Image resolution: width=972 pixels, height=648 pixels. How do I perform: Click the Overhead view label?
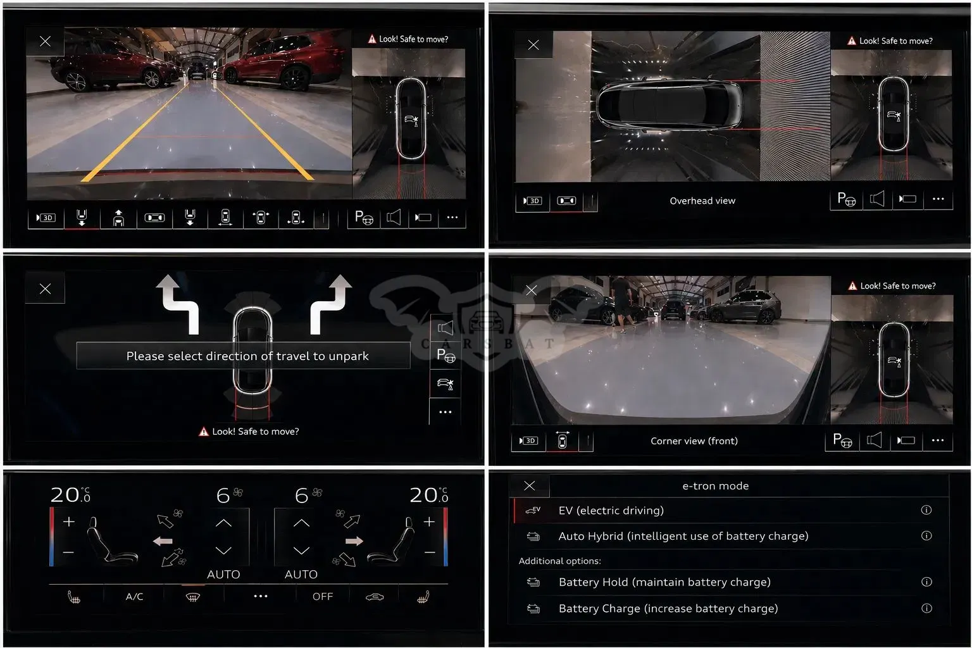tap(702, 201)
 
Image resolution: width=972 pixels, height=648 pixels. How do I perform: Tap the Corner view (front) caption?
tap(694, 441)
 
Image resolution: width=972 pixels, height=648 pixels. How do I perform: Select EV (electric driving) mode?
tap(611, 510)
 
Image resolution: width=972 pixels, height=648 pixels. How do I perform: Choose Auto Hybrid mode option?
tap(683, 536)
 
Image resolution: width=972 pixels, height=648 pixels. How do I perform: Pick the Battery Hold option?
tap(664, 582)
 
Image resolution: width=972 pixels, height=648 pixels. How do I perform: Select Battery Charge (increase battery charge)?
tap(668, 609)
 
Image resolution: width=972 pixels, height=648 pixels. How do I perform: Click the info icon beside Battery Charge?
tap(926, 608)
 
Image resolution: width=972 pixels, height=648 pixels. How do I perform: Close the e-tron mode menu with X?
tap(530, 485)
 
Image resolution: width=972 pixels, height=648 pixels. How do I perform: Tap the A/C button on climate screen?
tap(135, 597)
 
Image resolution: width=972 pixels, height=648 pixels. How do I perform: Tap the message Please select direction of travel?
tap(247, 356)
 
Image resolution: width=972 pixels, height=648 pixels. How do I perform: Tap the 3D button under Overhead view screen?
tap(532, 201)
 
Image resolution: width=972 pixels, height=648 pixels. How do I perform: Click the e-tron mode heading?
tap(716, 485)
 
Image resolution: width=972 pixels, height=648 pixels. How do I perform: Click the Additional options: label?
tap(560, 561)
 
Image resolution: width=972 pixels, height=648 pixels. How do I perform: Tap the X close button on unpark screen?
tap(45, 289)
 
